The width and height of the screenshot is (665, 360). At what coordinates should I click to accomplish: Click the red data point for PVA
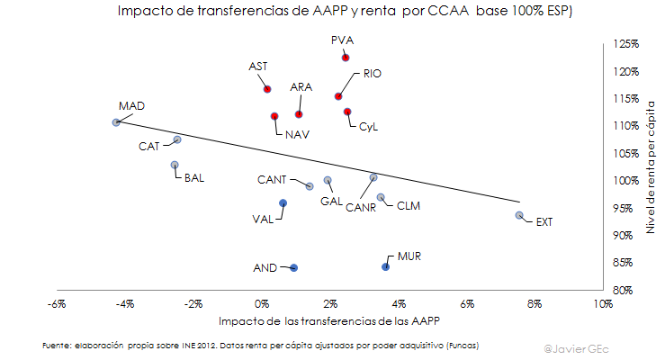pos(346,58)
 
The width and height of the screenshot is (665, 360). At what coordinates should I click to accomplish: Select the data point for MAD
pos(116,122)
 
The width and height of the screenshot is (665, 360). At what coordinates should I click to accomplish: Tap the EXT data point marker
pos(519,216)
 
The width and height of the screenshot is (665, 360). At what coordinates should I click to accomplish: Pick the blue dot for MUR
pos(386,267)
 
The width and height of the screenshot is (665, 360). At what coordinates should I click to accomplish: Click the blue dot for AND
pos(293,268)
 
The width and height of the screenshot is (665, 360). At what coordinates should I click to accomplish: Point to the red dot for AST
pos(267,89)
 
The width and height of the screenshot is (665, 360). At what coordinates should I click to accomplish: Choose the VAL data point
pos(283,203)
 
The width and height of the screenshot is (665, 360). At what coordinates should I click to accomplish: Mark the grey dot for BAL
pos(175,165)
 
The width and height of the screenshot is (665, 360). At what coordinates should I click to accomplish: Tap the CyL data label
pos(369,127)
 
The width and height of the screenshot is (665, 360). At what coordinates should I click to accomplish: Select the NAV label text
pos(298,134)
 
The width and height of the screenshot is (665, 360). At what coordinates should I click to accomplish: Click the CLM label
pos(409,206)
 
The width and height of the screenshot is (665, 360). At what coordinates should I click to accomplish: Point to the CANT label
pos(272,179)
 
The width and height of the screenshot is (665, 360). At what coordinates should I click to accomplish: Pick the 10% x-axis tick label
pos(602,304)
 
